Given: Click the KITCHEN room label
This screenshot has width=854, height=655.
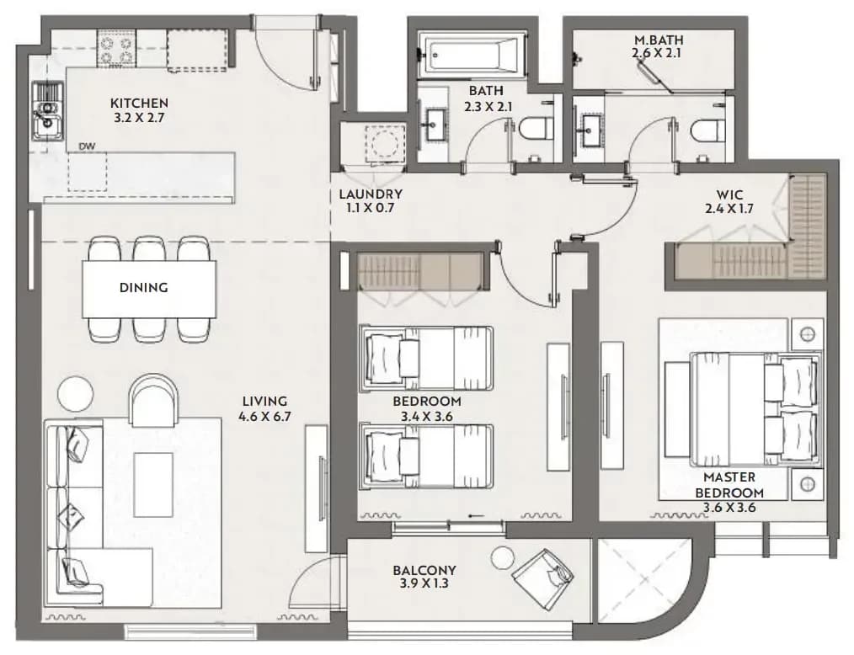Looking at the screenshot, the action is point(139,103).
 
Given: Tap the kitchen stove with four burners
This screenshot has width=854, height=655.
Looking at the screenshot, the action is point(116,49).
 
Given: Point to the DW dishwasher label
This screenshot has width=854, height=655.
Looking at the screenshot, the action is point(87,146).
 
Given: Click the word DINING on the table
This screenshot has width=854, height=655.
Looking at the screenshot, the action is point(144,287).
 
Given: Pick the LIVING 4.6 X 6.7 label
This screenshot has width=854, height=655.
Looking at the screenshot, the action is point(264,409).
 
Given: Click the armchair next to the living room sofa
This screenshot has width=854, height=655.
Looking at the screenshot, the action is point(153,400).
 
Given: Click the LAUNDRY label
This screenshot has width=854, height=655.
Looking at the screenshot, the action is point(371,194).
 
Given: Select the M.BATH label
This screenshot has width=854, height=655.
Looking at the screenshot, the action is point(659,40).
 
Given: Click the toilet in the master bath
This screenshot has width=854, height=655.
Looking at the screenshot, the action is point(706,130).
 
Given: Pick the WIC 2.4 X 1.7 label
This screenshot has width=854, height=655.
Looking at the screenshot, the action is point(729,201).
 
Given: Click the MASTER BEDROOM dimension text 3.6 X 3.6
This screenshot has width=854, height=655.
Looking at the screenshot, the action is point(729,508).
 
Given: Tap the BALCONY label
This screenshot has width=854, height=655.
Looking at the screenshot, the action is point(424,571).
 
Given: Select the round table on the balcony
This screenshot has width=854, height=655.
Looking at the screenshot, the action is point(502,558).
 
